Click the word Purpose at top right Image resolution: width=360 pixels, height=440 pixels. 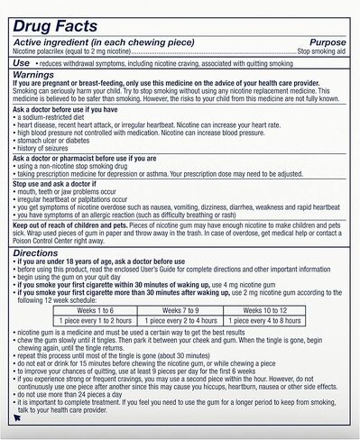tap(328, 41)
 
